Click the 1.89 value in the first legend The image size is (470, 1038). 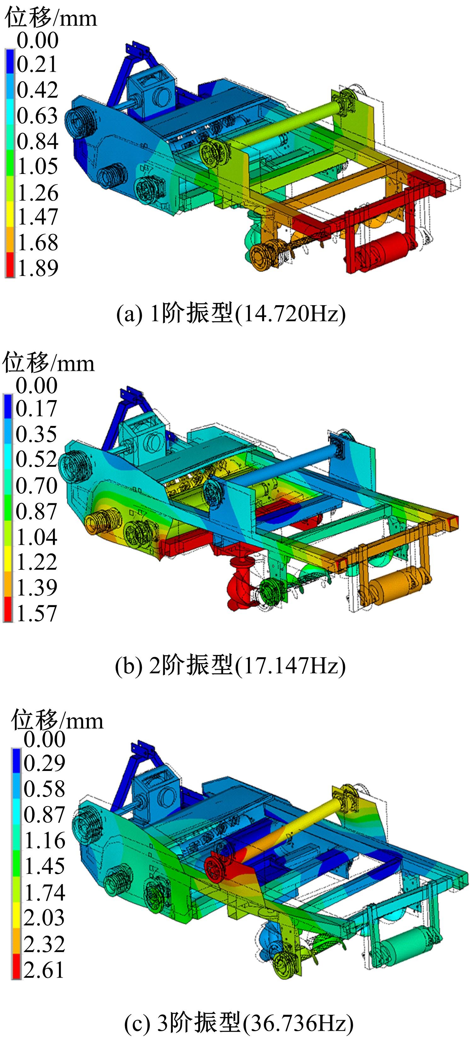38,268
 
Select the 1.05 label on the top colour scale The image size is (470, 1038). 38,166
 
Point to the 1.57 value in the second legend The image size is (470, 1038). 36,613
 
